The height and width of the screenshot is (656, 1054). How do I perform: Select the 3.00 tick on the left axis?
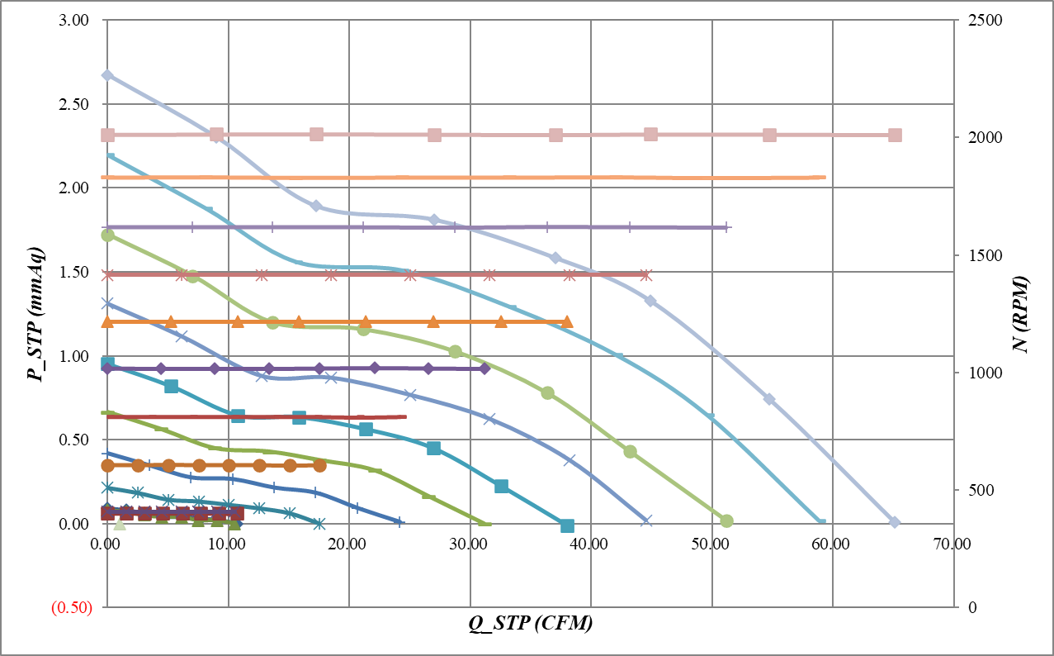click(74, 20)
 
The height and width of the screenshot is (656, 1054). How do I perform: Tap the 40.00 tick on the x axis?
click(590, 544)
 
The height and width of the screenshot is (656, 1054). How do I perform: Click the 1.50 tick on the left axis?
click(74, 272)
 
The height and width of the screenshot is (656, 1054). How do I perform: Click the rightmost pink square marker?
click(895, 135)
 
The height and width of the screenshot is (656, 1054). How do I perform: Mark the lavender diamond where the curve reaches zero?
click(894, 522)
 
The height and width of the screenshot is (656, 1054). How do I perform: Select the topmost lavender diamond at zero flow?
click(107, 75)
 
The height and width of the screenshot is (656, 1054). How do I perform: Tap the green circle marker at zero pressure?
click(726, 521)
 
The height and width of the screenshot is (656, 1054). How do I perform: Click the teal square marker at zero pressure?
click(567, 525)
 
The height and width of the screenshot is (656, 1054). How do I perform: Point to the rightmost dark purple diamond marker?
click(484, 368)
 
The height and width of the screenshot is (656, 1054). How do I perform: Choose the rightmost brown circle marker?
click(319, 466)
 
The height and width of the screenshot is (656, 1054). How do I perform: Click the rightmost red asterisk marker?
click(646, 274)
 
